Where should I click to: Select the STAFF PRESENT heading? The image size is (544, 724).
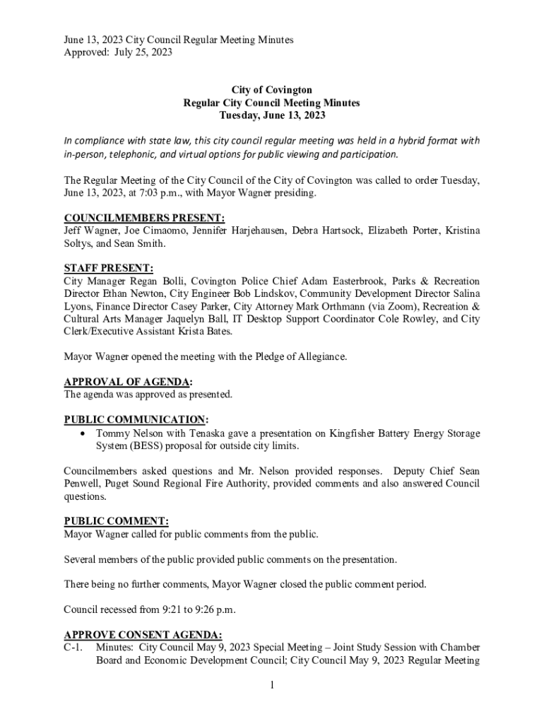pyautogui.click(x=108, y=268)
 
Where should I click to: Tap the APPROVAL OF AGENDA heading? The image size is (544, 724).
pyautogui.click(x=127, y=382)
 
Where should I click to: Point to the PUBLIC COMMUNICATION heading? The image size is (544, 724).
pyautogui.click(x=136, y=419)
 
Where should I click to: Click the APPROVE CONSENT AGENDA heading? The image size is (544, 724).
pyautogui.click(x=143, y=633)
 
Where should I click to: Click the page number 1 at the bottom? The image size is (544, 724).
pyautogui.click(x=272, y=685)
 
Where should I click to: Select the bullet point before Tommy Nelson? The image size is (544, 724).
pyautogui.click(x=85, y=433)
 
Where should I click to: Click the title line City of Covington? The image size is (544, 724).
pyautogui.click(x=272, y=90)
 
